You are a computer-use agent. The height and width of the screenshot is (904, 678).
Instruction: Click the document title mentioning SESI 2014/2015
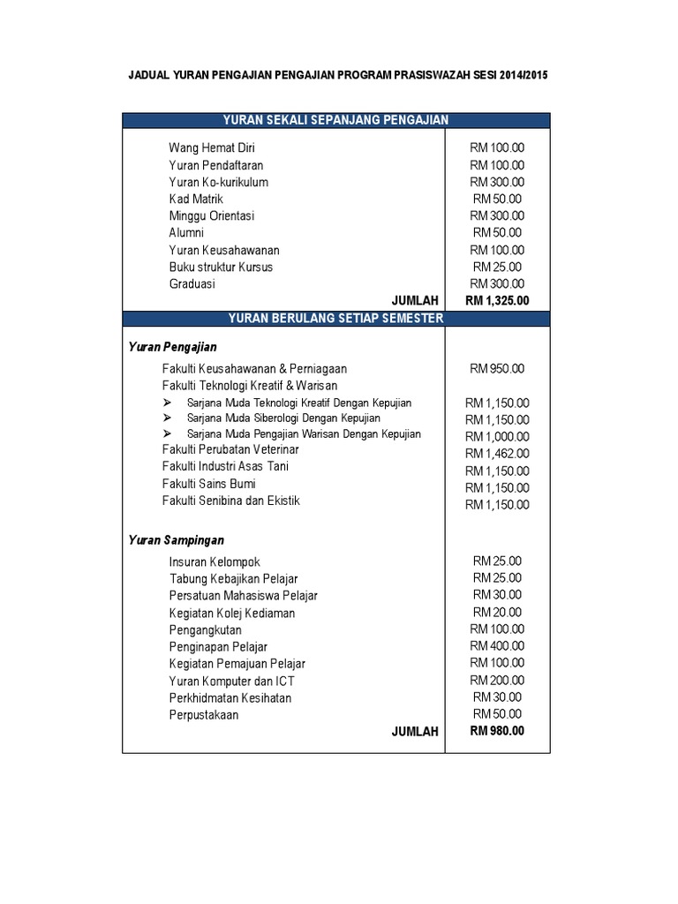click(x=339, y=77)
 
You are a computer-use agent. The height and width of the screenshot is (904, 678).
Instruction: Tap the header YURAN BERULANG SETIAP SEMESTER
click(x=335, y=318)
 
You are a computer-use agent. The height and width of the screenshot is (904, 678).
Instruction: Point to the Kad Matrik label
click(x=196, y=200)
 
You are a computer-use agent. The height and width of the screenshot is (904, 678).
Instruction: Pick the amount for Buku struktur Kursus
click(x=497, y=267)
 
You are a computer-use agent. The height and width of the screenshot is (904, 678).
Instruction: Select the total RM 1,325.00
click(x=497, y=301)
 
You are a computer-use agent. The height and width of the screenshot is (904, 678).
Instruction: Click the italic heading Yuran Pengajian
click(x=173, y=347)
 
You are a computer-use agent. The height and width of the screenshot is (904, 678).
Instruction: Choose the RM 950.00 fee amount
click(x=497, y=368)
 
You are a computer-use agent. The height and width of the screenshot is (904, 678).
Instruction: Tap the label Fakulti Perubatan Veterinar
click(x=230, y=450)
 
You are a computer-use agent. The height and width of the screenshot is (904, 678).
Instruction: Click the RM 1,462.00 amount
click(x=497, y=454)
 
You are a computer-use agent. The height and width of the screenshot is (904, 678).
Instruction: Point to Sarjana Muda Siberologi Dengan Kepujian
click(x=283, y=418)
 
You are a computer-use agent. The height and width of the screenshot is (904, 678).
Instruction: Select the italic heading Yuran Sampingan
click(x=177, y=539)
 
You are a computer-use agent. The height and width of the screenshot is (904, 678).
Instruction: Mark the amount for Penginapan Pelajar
click(x=497, y=646)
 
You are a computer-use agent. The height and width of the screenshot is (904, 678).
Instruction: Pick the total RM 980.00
click(x=497, y=731)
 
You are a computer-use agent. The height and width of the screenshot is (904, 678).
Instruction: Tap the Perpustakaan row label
click(x=204, y=715)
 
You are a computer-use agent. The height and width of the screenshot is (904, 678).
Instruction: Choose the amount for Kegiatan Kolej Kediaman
click(x=497, y=613)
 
